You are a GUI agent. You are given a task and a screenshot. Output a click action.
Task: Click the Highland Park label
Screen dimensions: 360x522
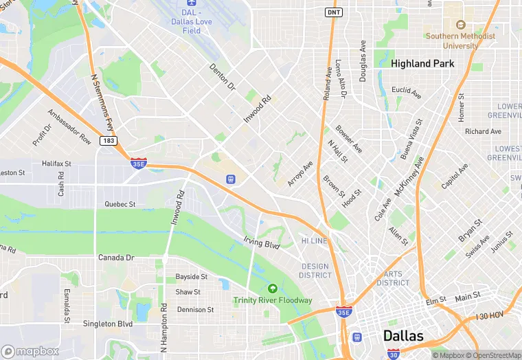pyautogui.click(x=422, y=63)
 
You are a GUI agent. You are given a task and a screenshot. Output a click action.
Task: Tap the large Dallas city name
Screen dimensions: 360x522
pyautogui.click(x=402, y=336)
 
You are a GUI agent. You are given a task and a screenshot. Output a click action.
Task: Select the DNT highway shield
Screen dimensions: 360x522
pyautogui.click(x=333, y=12)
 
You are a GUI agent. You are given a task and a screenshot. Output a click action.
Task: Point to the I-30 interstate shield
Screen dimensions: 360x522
pyautogui.click(x=392, y=354)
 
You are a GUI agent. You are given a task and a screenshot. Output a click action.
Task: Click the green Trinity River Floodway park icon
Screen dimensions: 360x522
pyautogui.click(x=273, y=289)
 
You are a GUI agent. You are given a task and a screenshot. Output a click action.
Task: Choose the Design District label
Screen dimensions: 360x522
pyautogui.click(x=315, y=271)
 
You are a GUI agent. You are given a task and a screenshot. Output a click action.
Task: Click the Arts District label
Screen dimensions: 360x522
pyautogui.click(x=393, y=278)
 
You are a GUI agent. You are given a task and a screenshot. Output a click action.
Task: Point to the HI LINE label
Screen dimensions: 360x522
pyautogui.click(x=314, y=241)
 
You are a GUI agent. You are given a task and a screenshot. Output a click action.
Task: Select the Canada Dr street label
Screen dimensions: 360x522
pyautogui.click(x=115, y=258)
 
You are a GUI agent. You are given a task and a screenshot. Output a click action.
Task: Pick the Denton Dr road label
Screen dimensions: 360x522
pyautogui.click(x=222, y=77)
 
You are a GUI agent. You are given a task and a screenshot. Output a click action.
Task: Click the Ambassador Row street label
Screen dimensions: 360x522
pyautogui.click(x=69, y=126)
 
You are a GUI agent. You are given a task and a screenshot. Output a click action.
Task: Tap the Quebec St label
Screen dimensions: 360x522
pyautogui.click(x=120, y=204)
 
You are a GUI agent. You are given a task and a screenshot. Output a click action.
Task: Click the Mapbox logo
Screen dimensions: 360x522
pyautogui.click(x=30, y=351)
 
